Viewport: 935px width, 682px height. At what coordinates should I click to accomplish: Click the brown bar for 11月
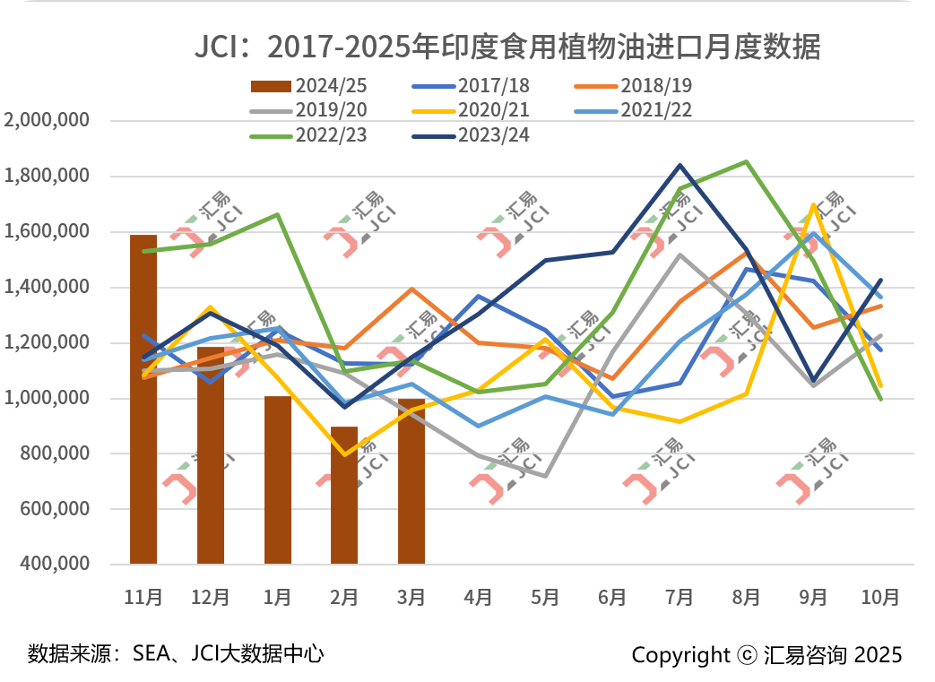pos(143,400)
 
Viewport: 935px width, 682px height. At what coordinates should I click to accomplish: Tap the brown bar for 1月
pos(278,479)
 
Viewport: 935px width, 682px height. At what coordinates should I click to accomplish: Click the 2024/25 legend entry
pos(309,87)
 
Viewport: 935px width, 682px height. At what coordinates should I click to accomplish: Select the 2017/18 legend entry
pos(471,87)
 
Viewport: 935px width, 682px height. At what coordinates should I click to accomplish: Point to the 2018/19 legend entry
pos(633,87)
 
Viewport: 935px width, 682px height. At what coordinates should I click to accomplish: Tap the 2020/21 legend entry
pos(471,111)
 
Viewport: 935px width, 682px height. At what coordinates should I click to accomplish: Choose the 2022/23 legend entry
pos(309,135)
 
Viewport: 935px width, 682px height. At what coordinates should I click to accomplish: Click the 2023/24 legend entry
pos(471,135)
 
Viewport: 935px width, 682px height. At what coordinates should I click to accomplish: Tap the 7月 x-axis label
pos(679,597)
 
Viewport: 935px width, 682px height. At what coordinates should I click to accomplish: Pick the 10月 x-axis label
pos(880,597)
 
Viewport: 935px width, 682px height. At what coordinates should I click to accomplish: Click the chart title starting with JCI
pos(507,46)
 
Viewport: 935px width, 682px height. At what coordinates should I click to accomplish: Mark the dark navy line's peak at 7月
pos(680,165)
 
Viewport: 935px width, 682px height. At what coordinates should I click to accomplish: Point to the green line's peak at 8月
pos(747,162)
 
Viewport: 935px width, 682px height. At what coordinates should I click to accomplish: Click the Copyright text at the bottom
pos(766,655)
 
